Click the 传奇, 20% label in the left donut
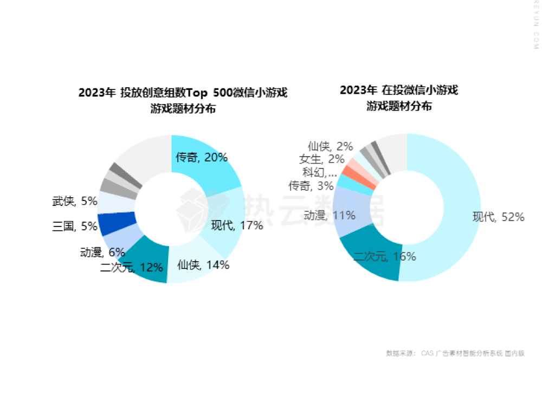(202, 158)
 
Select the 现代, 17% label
(237, 225)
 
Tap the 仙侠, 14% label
(203, 265)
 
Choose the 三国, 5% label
(75, 226)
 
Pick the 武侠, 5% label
(75, 201)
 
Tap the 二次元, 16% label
(385, 256)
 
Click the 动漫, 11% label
(330, 215)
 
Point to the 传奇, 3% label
(318, 186)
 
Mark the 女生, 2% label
(321, 159)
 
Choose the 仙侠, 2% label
(330, 146)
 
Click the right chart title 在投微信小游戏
(399, 98)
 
